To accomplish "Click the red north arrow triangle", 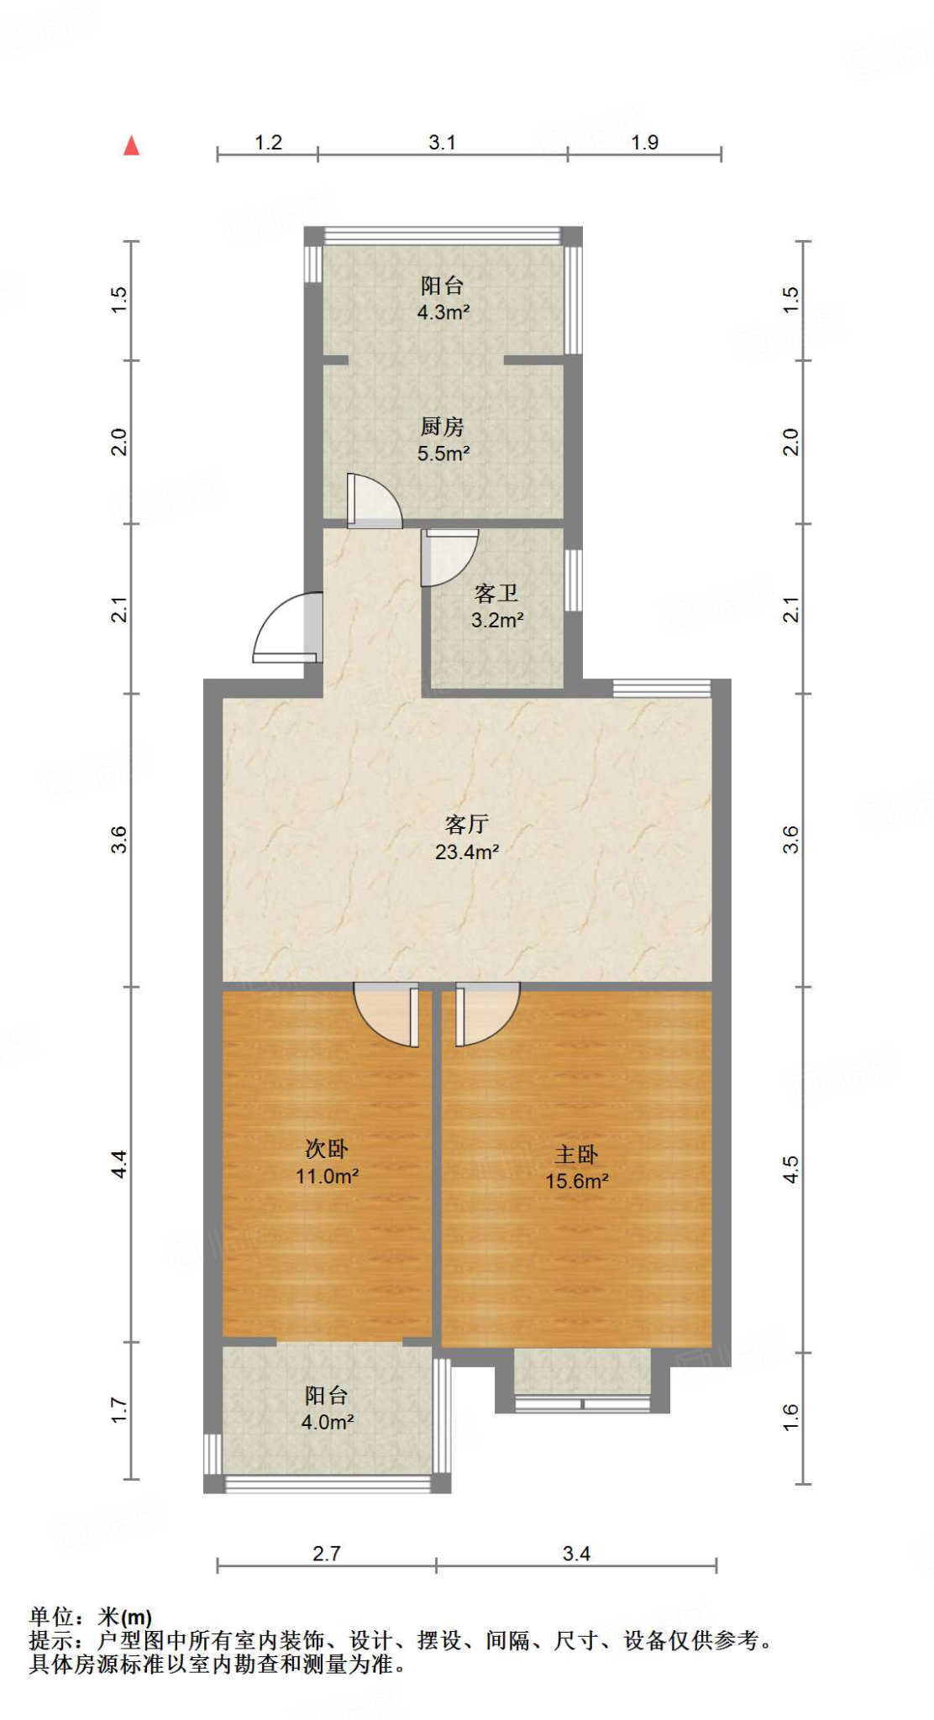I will coord(131,146).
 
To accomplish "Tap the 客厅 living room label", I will coord(466,824).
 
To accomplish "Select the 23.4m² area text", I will coord(467,852).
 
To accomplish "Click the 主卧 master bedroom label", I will coord(576,1154).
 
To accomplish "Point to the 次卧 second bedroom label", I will coord(327,1148).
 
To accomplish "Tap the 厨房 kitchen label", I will coord(443,427).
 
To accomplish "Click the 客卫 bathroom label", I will coord(496,594).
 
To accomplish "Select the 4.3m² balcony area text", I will coord(443,312).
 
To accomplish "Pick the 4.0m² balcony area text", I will coord(327,1423).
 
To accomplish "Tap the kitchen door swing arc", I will coord(374,501).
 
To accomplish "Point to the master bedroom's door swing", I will coord(487,1015).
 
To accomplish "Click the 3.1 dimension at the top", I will coord(442,143).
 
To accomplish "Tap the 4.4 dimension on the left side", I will coord(119,1163).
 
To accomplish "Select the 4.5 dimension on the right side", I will coord(790,1169).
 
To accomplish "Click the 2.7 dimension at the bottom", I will coord(326,1554).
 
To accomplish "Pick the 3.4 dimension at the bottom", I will coord(576,1554).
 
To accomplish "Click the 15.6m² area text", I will coord(577,1181).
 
